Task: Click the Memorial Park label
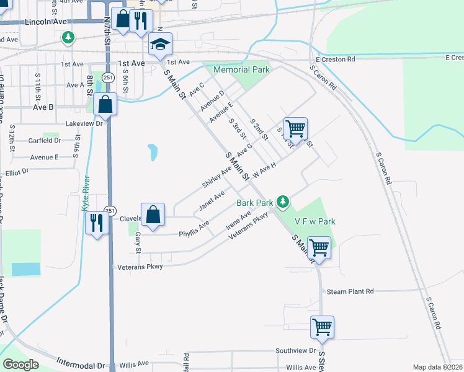click(241, 70)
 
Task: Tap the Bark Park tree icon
click(283, 201)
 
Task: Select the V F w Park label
click(315, 221)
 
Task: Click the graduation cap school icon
click(160, 44)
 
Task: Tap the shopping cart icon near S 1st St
click(296, 128)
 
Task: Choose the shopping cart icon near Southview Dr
click(323, 326)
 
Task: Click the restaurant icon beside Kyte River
click(97, 222)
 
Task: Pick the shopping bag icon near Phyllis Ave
click(153, 215)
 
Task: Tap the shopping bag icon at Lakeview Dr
click(106, 104)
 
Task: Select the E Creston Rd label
click(334, 60)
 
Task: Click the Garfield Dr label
click(44, 141)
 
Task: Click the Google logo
click(20, 365)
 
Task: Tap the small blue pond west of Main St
click(152, 151)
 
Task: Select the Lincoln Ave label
click(46, 22)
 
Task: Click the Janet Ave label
click(211, 200)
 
